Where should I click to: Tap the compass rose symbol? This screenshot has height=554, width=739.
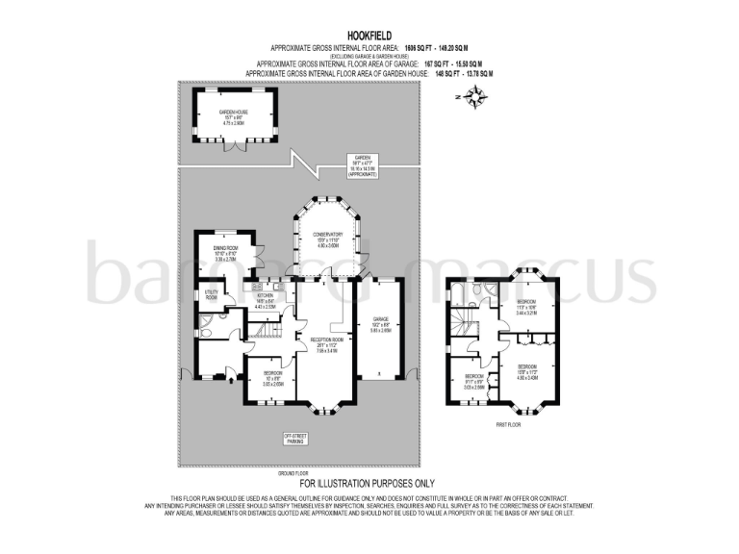474,95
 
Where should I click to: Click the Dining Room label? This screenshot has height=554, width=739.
225,256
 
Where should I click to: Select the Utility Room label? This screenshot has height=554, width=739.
212,294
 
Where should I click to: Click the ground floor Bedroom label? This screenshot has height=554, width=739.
272,378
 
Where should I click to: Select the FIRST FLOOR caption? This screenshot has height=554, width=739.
509,424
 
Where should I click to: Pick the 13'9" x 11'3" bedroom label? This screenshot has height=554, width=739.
527,371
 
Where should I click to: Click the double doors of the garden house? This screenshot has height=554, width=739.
235,145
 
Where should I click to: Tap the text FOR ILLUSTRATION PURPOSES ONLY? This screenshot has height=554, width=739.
369,482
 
